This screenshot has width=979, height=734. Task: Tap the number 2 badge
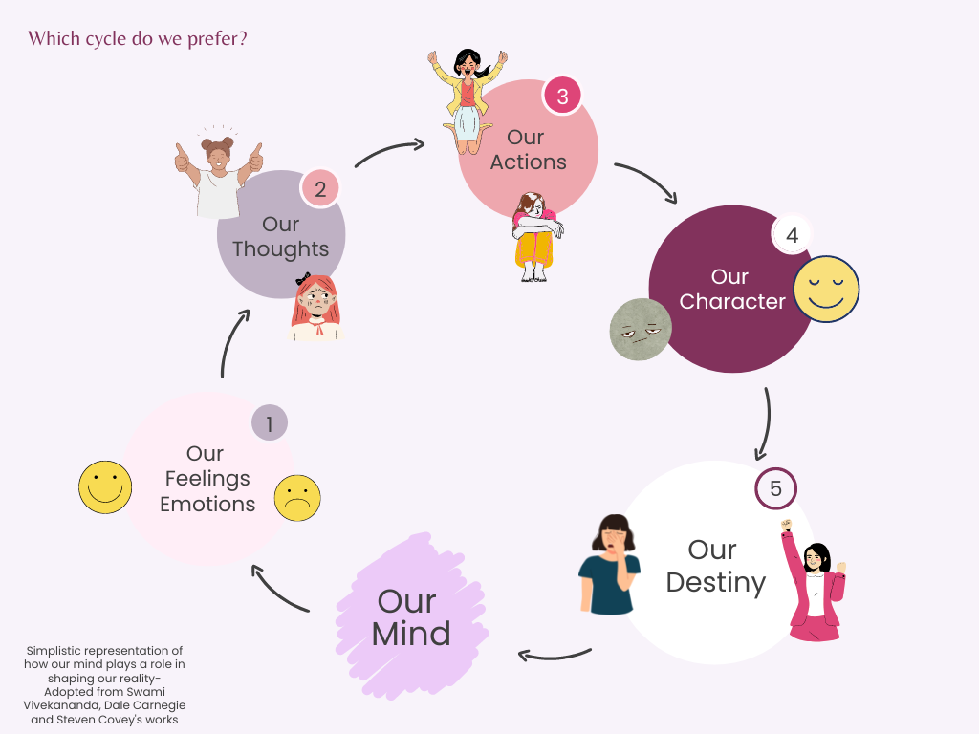pyautogui.click(x=320, y=189)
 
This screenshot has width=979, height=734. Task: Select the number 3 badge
pyautogui.click(x=562, y=97)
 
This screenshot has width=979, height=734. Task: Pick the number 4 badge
pyautogui.click(x=792, y=235)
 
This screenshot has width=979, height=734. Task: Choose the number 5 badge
pyautogui.click(x=775, y=489)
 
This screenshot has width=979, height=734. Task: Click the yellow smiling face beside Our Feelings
pyautogui.click(x=105, y=487)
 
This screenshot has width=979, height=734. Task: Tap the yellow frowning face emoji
pyautogui.click(x=297, y=497)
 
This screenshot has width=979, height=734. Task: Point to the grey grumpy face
pyautogui.click(x=641, y=330)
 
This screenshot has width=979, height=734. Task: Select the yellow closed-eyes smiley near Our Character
pyautogui.click(x=826, y=289)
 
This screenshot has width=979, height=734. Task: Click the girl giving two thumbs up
pyautogui.click(x=219, y=177)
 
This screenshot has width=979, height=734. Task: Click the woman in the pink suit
pyautogui.click(x=814, y=583)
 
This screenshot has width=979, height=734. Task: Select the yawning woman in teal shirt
pyautogui.click(x=609, y=564)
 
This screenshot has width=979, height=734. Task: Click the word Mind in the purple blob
pyautogui.click(x=411, y=634)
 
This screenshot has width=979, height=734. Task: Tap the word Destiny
pyautogui.click(x=716, y=582)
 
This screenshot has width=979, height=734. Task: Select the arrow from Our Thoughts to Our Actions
pyautogui.click(x=390, y=153)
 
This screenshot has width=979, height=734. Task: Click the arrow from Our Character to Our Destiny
pyautogui.click(x=764, y=424)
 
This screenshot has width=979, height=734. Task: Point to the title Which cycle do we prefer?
pyautogui.click(x=138, y=39)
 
